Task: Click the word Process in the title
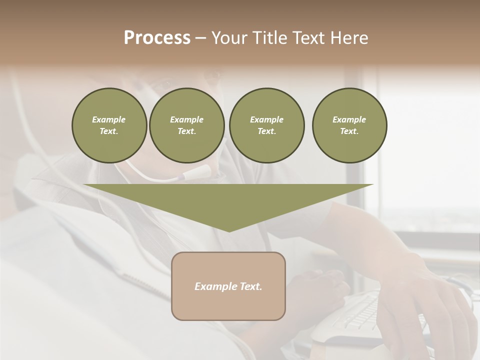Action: (157, 38)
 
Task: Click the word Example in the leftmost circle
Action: (108, 119)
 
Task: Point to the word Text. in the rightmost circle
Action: (349, 131)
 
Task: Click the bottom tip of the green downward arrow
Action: (228, 230)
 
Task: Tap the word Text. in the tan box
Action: (251, 286)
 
